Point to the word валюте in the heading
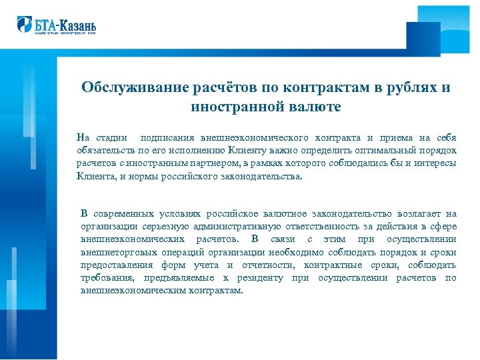pos(317,106)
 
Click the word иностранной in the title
pos(237,106)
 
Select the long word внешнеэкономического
pos(257,138)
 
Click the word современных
pos(125,214)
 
